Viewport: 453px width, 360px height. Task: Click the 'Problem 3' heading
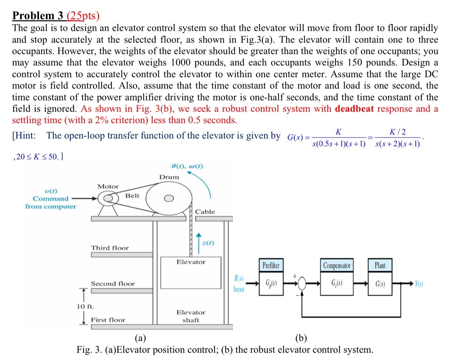tap(39, 16)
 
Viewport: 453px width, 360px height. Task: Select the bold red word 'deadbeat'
tap(354, 109)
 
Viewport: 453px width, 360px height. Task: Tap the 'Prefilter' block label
tap(271, 265)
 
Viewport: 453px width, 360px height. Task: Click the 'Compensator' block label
tap(337, 265)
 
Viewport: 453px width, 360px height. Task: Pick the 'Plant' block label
tap(380, 265)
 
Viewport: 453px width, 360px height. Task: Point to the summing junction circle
tap(302, 284)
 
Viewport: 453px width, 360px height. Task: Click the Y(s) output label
tap(419, 284)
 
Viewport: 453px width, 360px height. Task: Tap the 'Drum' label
tap(169, 177)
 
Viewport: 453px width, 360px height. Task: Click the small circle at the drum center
tap(169, 198)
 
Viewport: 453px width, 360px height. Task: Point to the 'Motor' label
tap(108, 186)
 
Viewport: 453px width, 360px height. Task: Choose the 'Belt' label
tap(132, 195)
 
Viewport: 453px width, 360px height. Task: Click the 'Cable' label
tap(205, 212)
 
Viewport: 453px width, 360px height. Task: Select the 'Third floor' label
tap(110, 248)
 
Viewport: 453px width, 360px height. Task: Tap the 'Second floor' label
tap(113, 284)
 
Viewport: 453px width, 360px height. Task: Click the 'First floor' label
tap(108, 320)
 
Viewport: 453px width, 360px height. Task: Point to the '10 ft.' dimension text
tap(85, 306)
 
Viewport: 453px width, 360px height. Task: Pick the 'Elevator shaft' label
tap(191, 316)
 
